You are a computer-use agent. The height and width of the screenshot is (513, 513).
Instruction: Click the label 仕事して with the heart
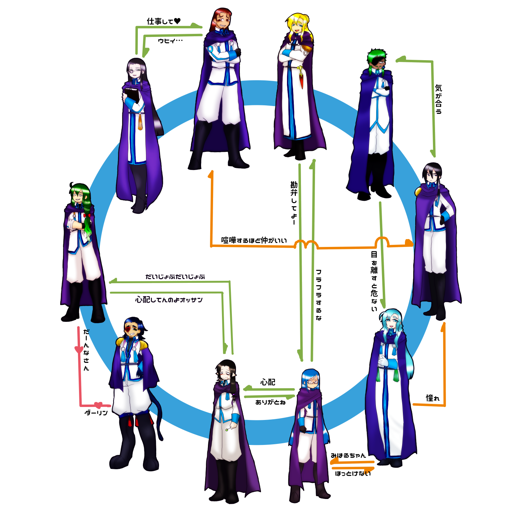[163, 21]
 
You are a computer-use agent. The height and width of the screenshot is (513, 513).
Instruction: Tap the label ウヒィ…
[170, 41]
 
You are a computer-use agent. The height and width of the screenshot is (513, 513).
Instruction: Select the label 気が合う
[438, 99]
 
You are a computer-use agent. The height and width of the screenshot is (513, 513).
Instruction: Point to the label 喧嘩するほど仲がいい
[254, 240]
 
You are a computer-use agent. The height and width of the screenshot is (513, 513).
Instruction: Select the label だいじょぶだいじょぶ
[175, 277]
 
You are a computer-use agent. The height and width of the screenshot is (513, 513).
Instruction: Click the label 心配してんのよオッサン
[169, 300]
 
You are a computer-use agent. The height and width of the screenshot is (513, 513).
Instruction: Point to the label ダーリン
[96, 413]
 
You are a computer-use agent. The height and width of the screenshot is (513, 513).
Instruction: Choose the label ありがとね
[270, 403]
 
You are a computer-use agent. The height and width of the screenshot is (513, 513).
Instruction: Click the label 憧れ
[432, 398]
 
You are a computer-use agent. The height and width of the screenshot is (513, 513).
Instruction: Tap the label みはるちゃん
[348, 456]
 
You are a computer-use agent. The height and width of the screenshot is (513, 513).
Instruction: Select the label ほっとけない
[353, 474]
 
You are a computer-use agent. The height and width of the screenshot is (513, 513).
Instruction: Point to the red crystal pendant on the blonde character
[301, 81]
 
